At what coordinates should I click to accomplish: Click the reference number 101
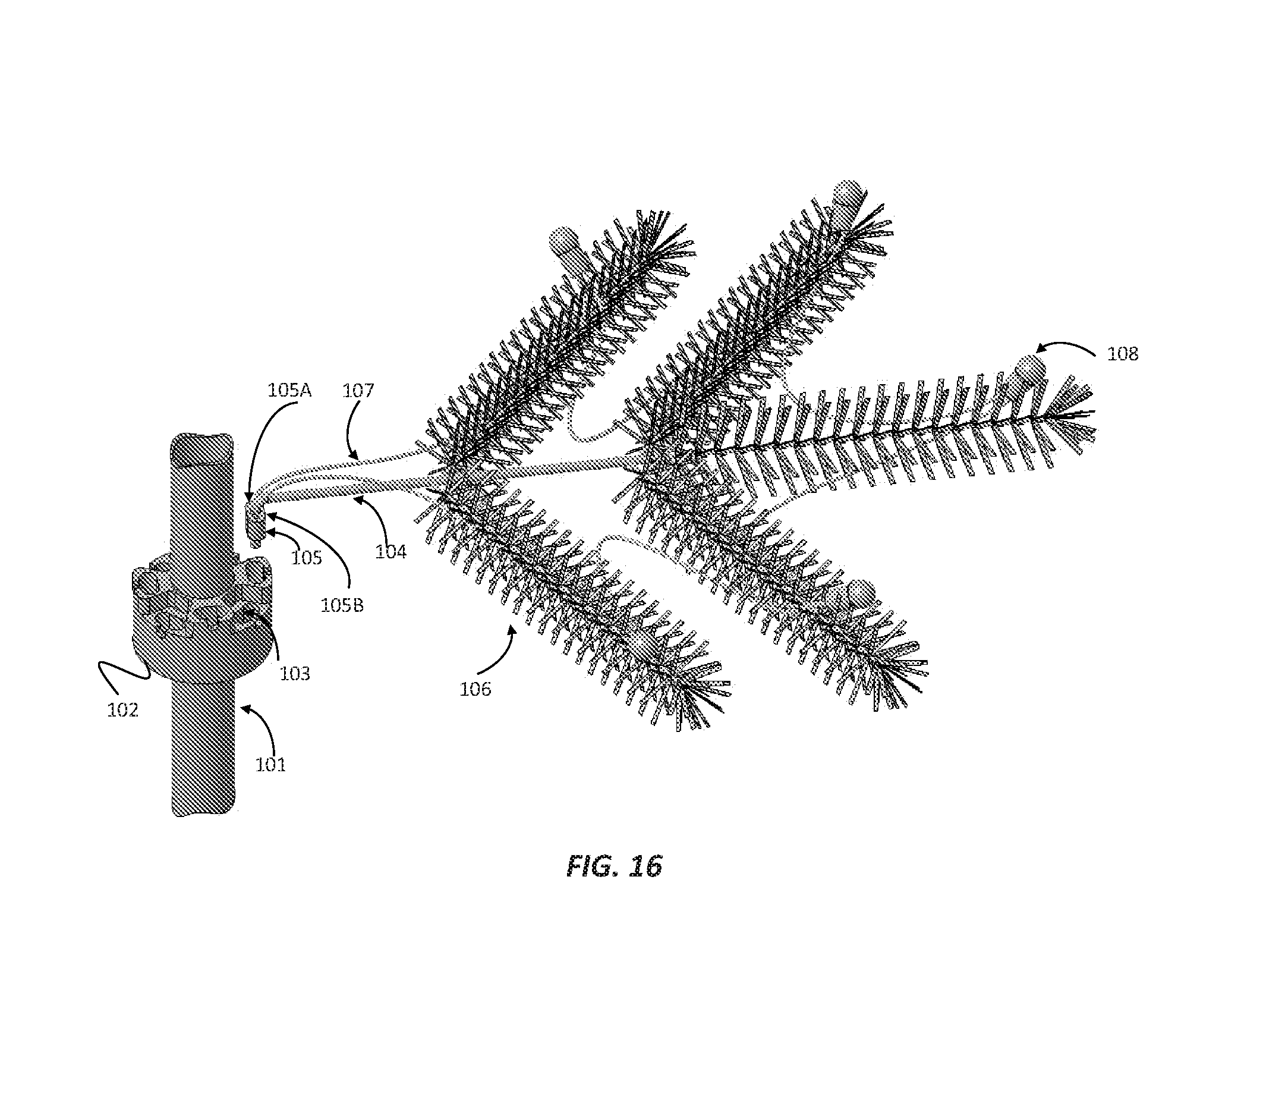click(270, 765)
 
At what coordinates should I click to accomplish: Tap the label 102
click(123, 711)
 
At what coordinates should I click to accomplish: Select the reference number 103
click(294, 673)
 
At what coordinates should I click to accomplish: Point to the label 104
click(391, 551)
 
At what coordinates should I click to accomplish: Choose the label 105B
click(342, 605)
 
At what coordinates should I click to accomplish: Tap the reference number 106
click(475, 689)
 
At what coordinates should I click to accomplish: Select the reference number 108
click(1122, 354)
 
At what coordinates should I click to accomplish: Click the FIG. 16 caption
click(614, 866)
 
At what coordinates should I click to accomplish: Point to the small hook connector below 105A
click(255, 523)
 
